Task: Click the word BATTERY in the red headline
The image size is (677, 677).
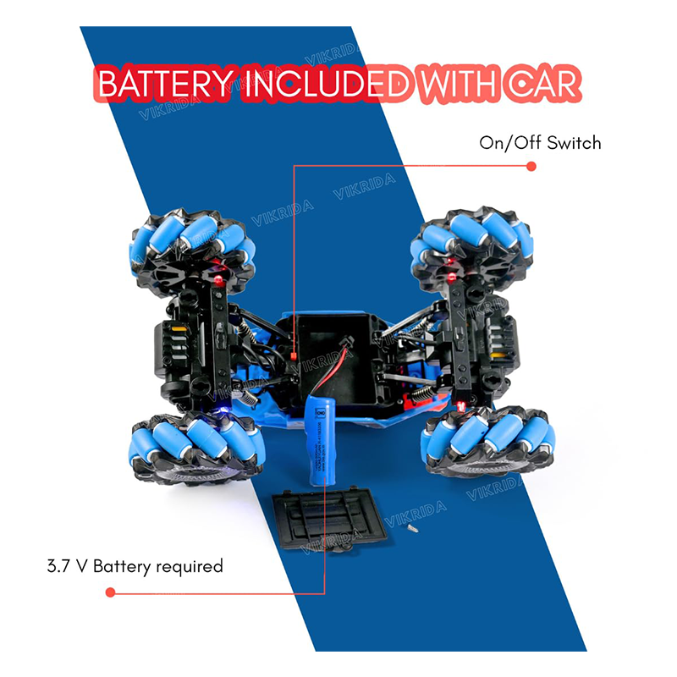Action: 158,85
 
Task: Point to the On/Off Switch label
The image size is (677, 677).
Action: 540,142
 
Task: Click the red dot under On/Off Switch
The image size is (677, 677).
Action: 531,166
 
